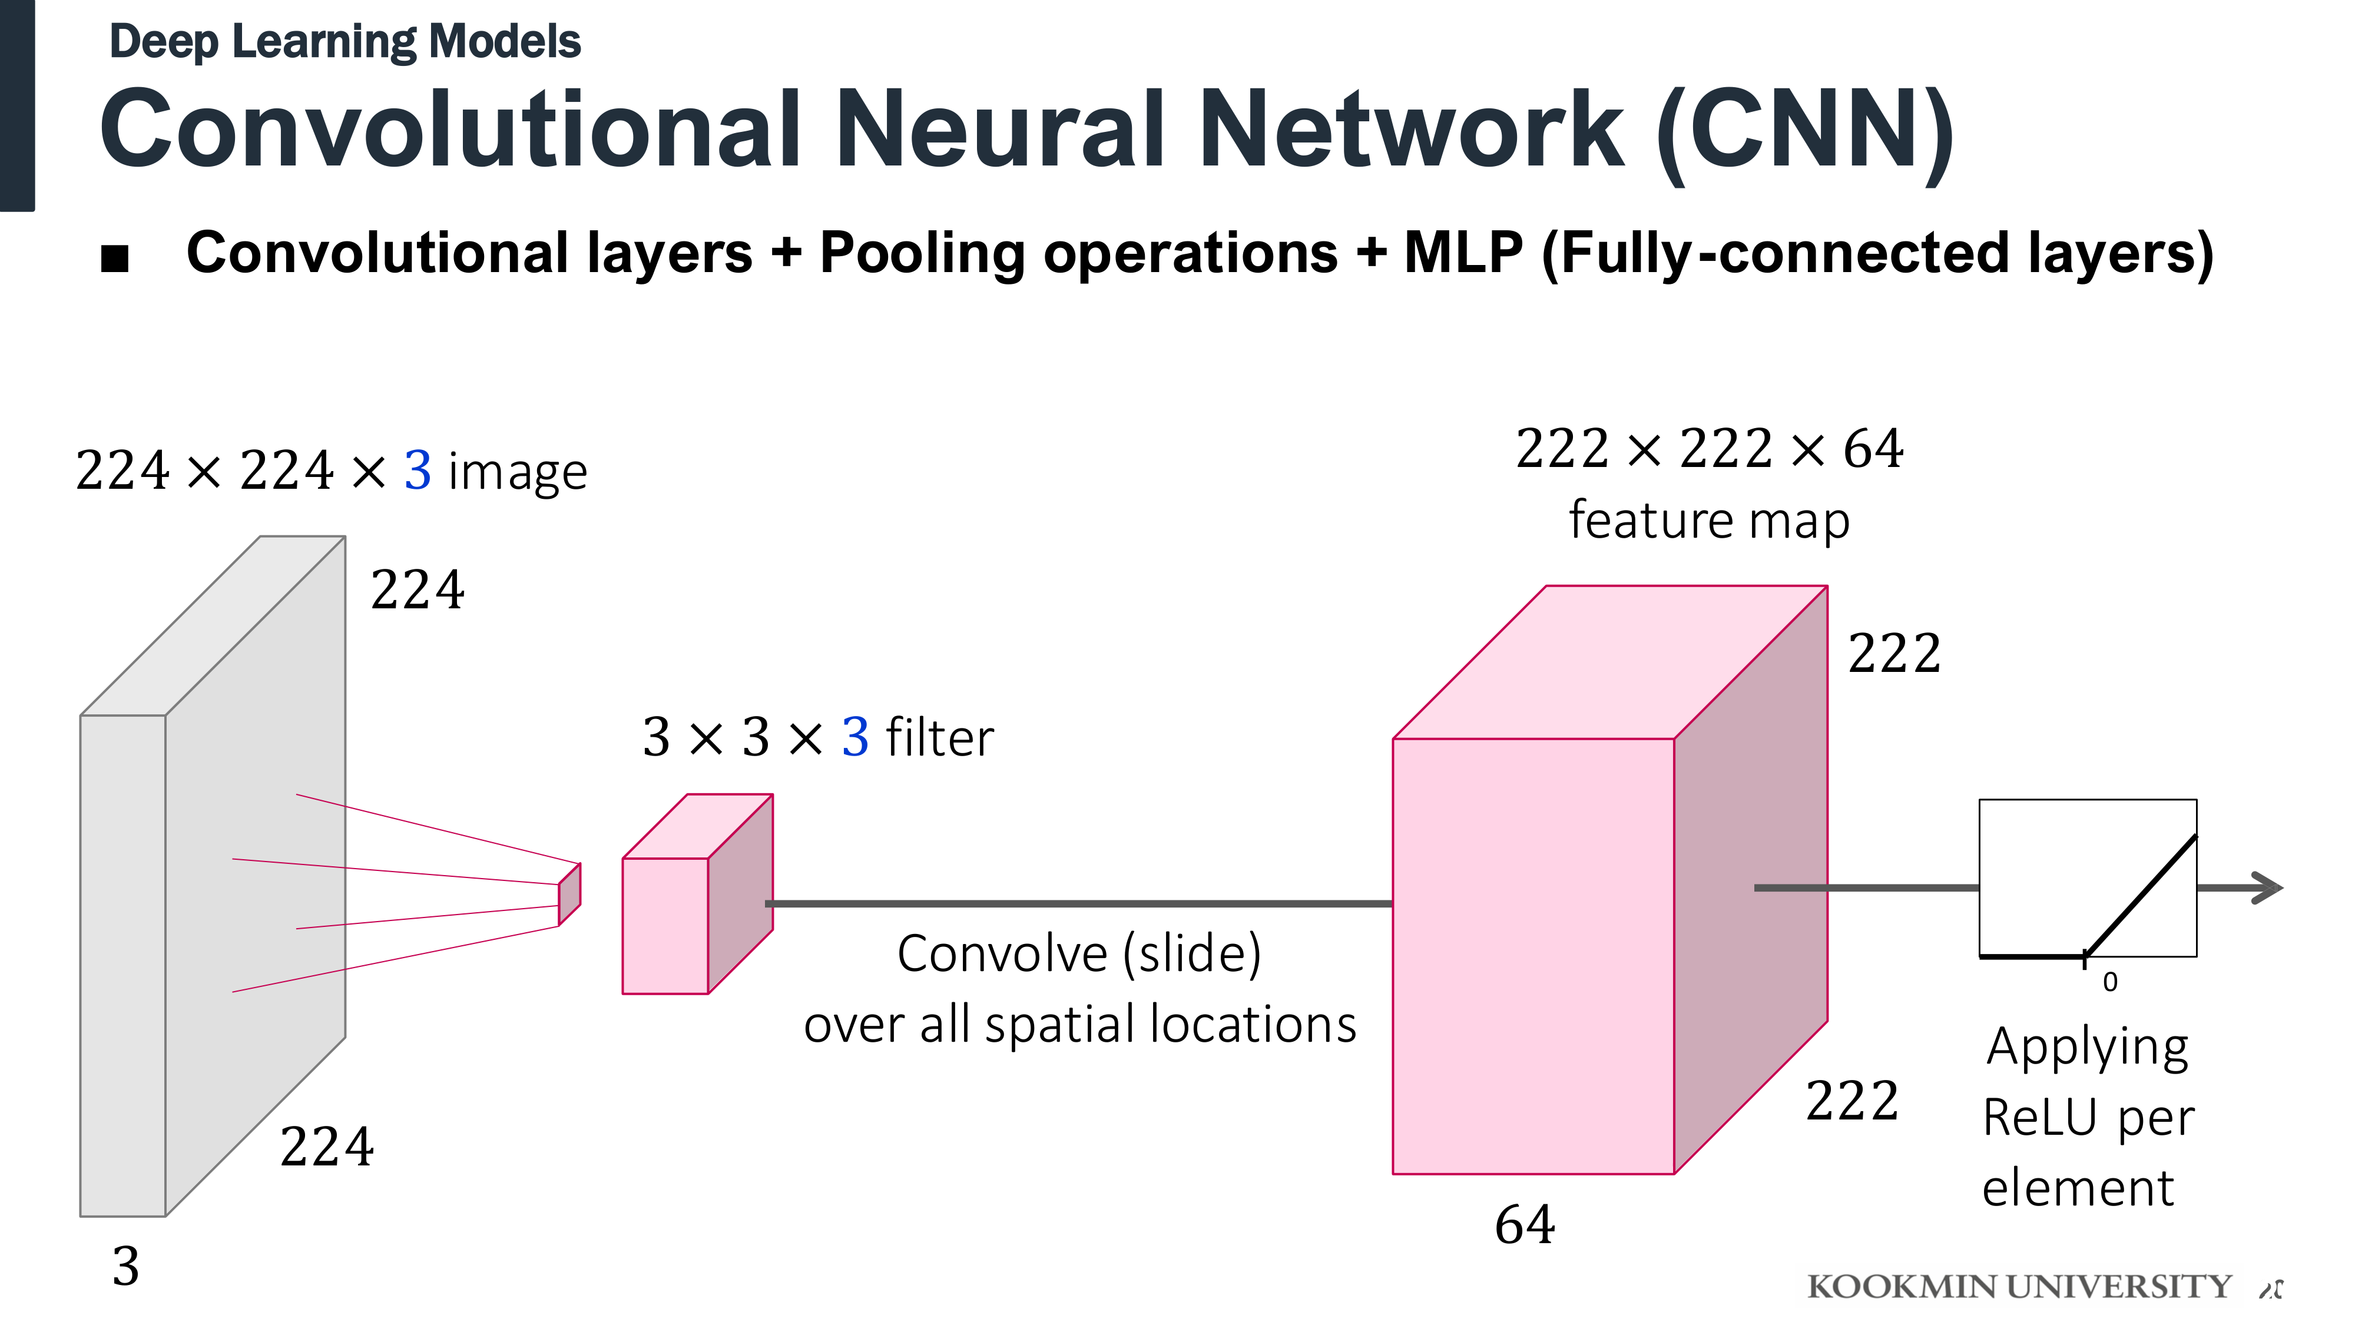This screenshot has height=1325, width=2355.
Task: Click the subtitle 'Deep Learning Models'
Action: click(345, 42)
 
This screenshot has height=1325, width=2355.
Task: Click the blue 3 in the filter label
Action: click(855, 737)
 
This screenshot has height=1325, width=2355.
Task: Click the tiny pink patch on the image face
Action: click(569, 895)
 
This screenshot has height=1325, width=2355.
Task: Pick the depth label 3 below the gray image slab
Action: click(126, 1267)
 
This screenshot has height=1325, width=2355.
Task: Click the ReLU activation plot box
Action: click(2088, 878)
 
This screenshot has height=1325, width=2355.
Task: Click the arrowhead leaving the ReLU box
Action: click(2267, 888)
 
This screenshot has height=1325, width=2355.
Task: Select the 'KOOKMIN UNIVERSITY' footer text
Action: click(2019, 1287)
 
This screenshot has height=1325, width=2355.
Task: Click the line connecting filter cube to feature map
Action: click(1079, 903)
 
